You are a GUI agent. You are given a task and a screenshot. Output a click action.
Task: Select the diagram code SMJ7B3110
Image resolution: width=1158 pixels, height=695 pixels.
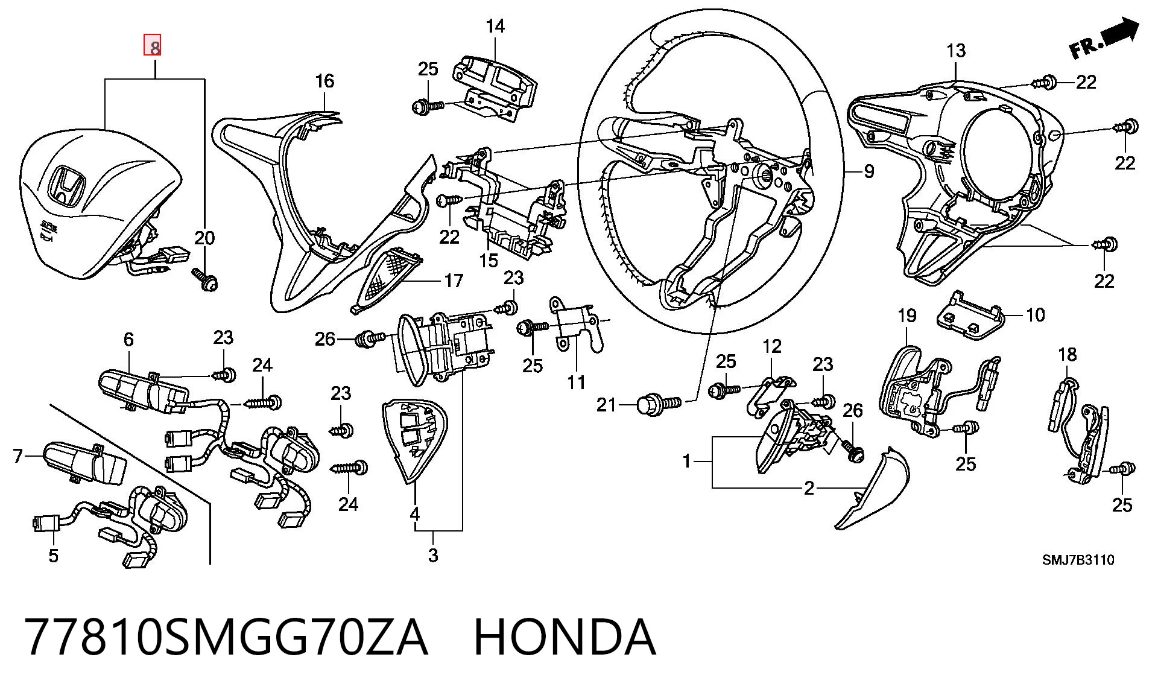coord(1078,560)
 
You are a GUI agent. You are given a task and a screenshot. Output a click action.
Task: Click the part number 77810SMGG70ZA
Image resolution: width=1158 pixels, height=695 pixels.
coord(227,636)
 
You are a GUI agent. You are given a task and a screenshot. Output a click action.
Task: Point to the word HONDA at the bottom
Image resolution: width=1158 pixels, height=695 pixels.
coord(565,636)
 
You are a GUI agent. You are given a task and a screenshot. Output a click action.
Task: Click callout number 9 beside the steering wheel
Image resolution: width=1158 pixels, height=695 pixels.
coord(868,172)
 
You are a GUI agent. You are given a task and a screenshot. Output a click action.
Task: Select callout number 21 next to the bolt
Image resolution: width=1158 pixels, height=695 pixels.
coord(606,404)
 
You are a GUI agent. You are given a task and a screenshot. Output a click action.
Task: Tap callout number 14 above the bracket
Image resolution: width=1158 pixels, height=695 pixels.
coord(495,26)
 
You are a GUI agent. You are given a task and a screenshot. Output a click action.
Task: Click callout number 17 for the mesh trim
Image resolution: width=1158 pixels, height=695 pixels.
coord(454,281)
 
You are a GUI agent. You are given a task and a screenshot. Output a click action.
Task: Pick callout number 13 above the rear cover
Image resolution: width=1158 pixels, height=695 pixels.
coord(956,51)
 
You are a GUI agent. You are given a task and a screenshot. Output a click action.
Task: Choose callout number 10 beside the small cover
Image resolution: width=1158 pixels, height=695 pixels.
coord(1035,314)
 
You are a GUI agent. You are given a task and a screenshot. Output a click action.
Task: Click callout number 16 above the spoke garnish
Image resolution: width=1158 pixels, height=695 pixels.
coord(324,81)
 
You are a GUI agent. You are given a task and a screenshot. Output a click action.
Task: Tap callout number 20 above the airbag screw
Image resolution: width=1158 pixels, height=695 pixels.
coord(204,238)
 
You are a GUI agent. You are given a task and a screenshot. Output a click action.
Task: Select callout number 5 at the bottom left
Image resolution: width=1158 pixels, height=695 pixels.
coord(53,556)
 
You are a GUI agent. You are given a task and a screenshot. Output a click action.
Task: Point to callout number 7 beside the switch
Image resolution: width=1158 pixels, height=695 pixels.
coord(17,456)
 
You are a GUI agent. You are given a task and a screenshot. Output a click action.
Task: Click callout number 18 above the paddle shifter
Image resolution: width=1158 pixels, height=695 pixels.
coord(1067,354)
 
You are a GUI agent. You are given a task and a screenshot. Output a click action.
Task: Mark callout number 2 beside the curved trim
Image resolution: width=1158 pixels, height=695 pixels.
coord(809,488)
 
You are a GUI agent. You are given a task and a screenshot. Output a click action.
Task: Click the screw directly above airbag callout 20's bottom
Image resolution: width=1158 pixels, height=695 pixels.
coord(205,279)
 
